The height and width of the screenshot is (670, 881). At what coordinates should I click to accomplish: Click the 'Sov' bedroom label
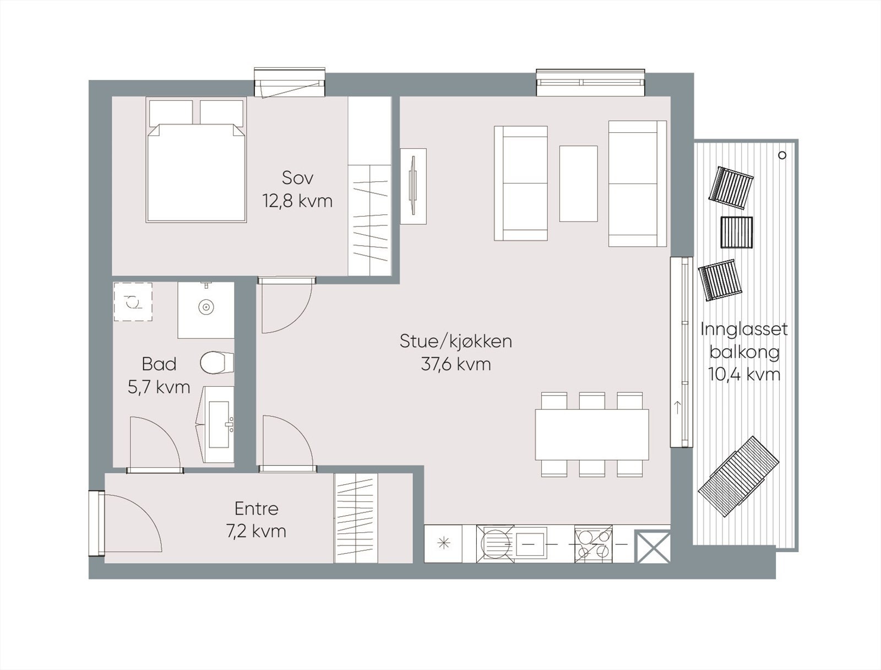[297, 178]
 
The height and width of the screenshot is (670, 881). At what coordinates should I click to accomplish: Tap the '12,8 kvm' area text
[297, 201]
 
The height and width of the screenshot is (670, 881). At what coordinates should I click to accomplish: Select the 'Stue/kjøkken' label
[456, 341]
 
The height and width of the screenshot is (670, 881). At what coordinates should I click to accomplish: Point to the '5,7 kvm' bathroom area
[159, 387]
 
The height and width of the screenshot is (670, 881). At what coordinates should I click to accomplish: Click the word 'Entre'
[257, 509]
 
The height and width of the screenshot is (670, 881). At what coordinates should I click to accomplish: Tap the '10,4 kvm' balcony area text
[744, 375]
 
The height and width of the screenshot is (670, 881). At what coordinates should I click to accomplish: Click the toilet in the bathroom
[217, 363]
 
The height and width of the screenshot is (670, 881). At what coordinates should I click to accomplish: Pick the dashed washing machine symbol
[133, 301]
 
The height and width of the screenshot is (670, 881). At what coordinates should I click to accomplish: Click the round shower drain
[206, 307]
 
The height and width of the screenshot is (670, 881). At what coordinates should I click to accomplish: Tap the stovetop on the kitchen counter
[594, 544]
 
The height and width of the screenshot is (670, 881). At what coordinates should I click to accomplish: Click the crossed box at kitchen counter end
[652, 547]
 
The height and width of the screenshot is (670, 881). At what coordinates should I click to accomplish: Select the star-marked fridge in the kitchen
[443, 544]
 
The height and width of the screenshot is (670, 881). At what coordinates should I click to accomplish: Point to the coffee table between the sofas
[578, 183]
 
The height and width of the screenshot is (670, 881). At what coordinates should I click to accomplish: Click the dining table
[592, 434]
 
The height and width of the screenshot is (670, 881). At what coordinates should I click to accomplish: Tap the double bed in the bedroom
[196, 173]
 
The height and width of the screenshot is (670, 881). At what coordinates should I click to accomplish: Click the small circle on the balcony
[782, 155]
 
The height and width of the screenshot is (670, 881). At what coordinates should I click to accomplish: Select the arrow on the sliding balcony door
[677, 408]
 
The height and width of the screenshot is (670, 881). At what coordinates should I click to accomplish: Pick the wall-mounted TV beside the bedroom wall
[413, 186]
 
